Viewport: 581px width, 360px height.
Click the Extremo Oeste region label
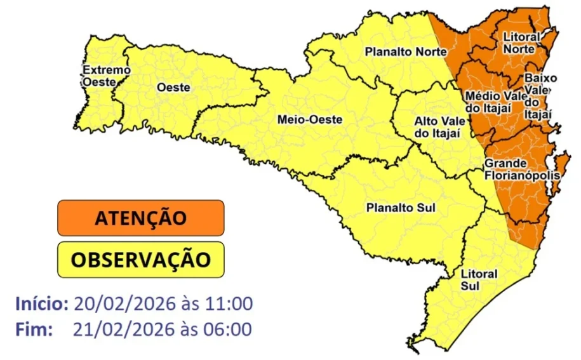(x=106, y=76)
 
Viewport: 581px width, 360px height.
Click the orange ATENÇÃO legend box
(x=140, y=218)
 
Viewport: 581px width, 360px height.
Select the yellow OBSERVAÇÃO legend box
(x=140, y=259)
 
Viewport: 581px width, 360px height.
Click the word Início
(x=42, y=303)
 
